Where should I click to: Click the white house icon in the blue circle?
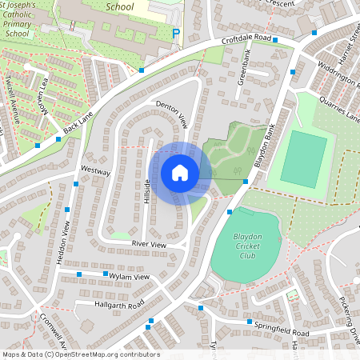[x=180, y=173]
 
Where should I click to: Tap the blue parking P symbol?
[x=176, y=34]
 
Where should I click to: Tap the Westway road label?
[x=95, y=171]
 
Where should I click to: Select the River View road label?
[x=148, y=243]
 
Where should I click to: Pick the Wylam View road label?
[x=130, y=277]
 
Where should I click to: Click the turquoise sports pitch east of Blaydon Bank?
[x=303, y=158]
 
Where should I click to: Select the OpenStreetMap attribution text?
[x=81, y=354]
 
